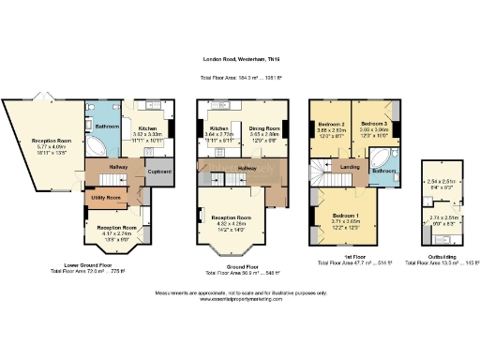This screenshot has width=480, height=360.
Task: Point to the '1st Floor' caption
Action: point(343,256)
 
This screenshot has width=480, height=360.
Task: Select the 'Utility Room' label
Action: point(106,199)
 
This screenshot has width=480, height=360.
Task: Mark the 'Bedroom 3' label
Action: point(375,124)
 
